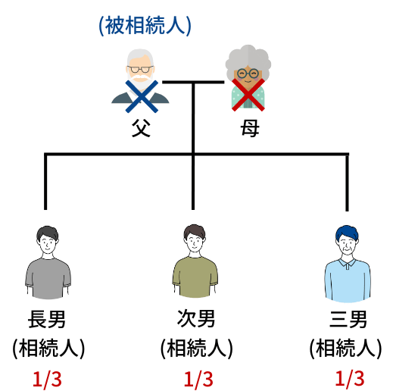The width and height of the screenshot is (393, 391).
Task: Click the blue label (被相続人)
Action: pyautogui.click(x=145, y=26)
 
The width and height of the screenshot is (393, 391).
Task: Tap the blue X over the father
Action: pyautogui.click(x=142, y=96)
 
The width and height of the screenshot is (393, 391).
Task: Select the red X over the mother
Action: pyautogui.click(x=248, y=95)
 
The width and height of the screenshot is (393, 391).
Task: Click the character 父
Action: pyautogui.click(x=141, y=128)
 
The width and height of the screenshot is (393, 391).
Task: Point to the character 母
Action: pyautogui.click(x=250, y=128)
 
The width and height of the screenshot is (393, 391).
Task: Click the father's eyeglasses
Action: pyautogui.click(x=140, y=69)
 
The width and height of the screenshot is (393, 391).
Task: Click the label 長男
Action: pyautogui.click(x=47, y=319)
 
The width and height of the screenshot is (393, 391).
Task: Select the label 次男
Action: pyautogui.click(x=196, y=318)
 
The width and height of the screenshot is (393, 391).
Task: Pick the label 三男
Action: pyautogui.click(x=348, y=319)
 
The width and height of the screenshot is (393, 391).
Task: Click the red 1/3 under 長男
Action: pyautogui.click(x=47, y=379)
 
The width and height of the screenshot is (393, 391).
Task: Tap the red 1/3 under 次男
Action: pyautogui.click(x=198, y=379)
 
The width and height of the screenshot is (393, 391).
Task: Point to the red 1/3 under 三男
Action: pyautogui.click(x=350, y=378)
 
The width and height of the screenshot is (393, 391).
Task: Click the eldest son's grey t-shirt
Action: pyautogui.click(x=48, y=279)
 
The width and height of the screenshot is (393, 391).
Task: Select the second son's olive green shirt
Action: pyautogui.click(x=195, y=277)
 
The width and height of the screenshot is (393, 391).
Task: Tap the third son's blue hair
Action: pyautogui.click(x=347, y=232)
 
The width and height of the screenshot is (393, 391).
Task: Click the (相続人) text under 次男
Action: pyautogui.click(x=197, y=349)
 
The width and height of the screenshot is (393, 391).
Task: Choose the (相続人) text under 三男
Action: pyautogui.click(x=345, y=349)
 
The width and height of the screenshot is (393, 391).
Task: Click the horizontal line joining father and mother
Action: pyautogui.click(x=193, y=82)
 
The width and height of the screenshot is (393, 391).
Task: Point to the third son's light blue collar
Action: pyautogui.click(x=348, y=264)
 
